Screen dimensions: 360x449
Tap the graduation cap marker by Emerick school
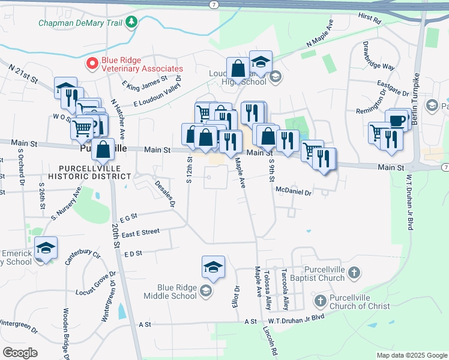point(45,247)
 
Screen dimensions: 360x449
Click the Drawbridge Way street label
point(378,58)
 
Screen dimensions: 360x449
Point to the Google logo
point(20,353)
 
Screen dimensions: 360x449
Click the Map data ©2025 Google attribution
point(411,355)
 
